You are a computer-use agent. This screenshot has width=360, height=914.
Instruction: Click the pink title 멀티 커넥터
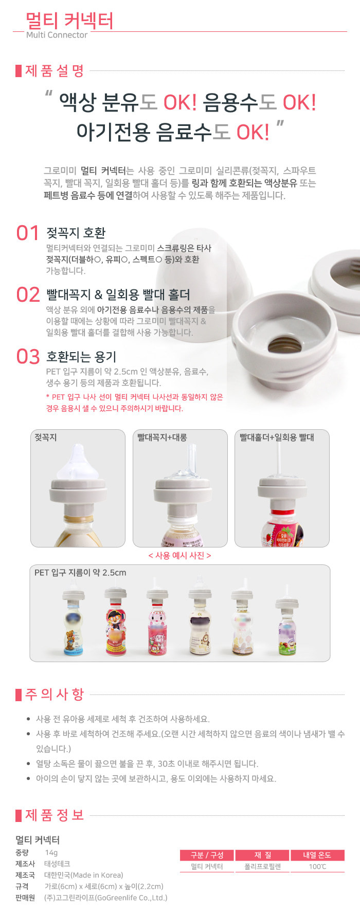69,21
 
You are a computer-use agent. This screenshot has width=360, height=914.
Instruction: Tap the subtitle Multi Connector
57,35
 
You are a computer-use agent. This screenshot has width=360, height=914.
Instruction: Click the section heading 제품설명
55,71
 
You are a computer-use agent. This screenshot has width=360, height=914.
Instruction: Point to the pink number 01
28,233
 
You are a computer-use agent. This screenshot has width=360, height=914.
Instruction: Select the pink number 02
28,295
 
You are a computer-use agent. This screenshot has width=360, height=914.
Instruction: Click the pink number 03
28,356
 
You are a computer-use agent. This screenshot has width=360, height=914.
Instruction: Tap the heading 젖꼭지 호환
76,233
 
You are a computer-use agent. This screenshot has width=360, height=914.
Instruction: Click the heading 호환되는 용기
81,356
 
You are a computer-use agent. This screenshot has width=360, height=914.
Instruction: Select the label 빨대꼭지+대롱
162,437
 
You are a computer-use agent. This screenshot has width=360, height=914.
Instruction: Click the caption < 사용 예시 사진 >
179,556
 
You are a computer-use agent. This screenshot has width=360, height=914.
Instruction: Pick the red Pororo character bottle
115,624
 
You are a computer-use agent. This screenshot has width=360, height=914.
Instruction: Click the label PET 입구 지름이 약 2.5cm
80,573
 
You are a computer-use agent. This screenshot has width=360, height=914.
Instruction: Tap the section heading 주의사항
55,694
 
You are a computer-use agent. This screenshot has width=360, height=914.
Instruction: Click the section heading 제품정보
55,815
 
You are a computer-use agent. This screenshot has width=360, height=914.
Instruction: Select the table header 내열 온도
317,855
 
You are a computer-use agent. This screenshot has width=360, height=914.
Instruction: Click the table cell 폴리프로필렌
262,867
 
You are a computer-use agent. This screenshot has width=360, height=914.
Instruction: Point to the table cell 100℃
317,867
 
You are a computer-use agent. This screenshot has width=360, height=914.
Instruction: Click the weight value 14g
51,852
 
